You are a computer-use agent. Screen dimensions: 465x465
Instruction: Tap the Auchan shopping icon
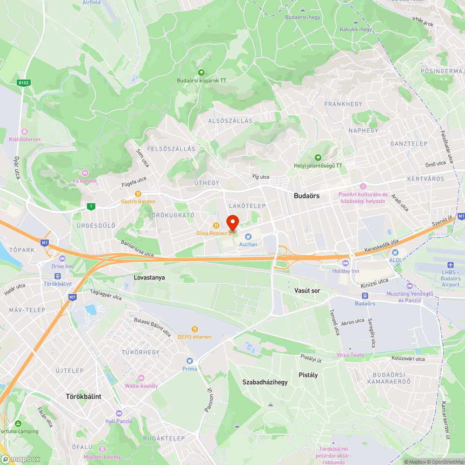(248, 237)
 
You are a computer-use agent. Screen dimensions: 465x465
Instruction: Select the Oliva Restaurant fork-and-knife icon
(216, 226)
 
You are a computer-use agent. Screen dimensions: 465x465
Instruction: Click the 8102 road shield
(23, 83)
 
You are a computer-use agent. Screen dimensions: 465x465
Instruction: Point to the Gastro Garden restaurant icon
(138, 194)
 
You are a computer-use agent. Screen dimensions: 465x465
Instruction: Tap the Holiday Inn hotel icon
(345, 264)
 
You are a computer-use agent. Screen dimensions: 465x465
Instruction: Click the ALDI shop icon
(395, 252)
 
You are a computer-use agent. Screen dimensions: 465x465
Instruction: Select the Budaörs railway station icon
(365, 295)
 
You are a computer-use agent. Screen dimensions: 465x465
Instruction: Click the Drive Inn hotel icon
(62, 259)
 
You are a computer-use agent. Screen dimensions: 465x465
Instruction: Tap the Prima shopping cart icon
(189, 361)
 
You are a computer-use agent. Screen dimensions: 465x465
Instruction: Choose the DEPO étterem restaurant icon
(194, 329)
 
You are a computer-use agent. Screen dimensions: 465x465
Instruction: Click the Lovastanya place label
(149, 278)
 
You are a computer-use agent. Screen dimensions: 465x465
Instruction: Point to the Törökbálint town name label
(83, 397)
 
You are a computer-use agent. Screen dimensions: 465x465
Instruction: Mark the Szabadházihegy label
(265, 382)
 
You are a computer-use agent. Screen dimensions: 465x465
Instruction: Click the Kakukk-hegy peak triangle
(356, 22)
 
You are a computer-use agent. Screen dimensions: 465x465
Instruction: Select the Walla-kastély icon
(141, 378)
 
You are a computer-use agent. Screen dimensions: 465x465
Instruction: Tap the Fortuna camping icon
(18, 424)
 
